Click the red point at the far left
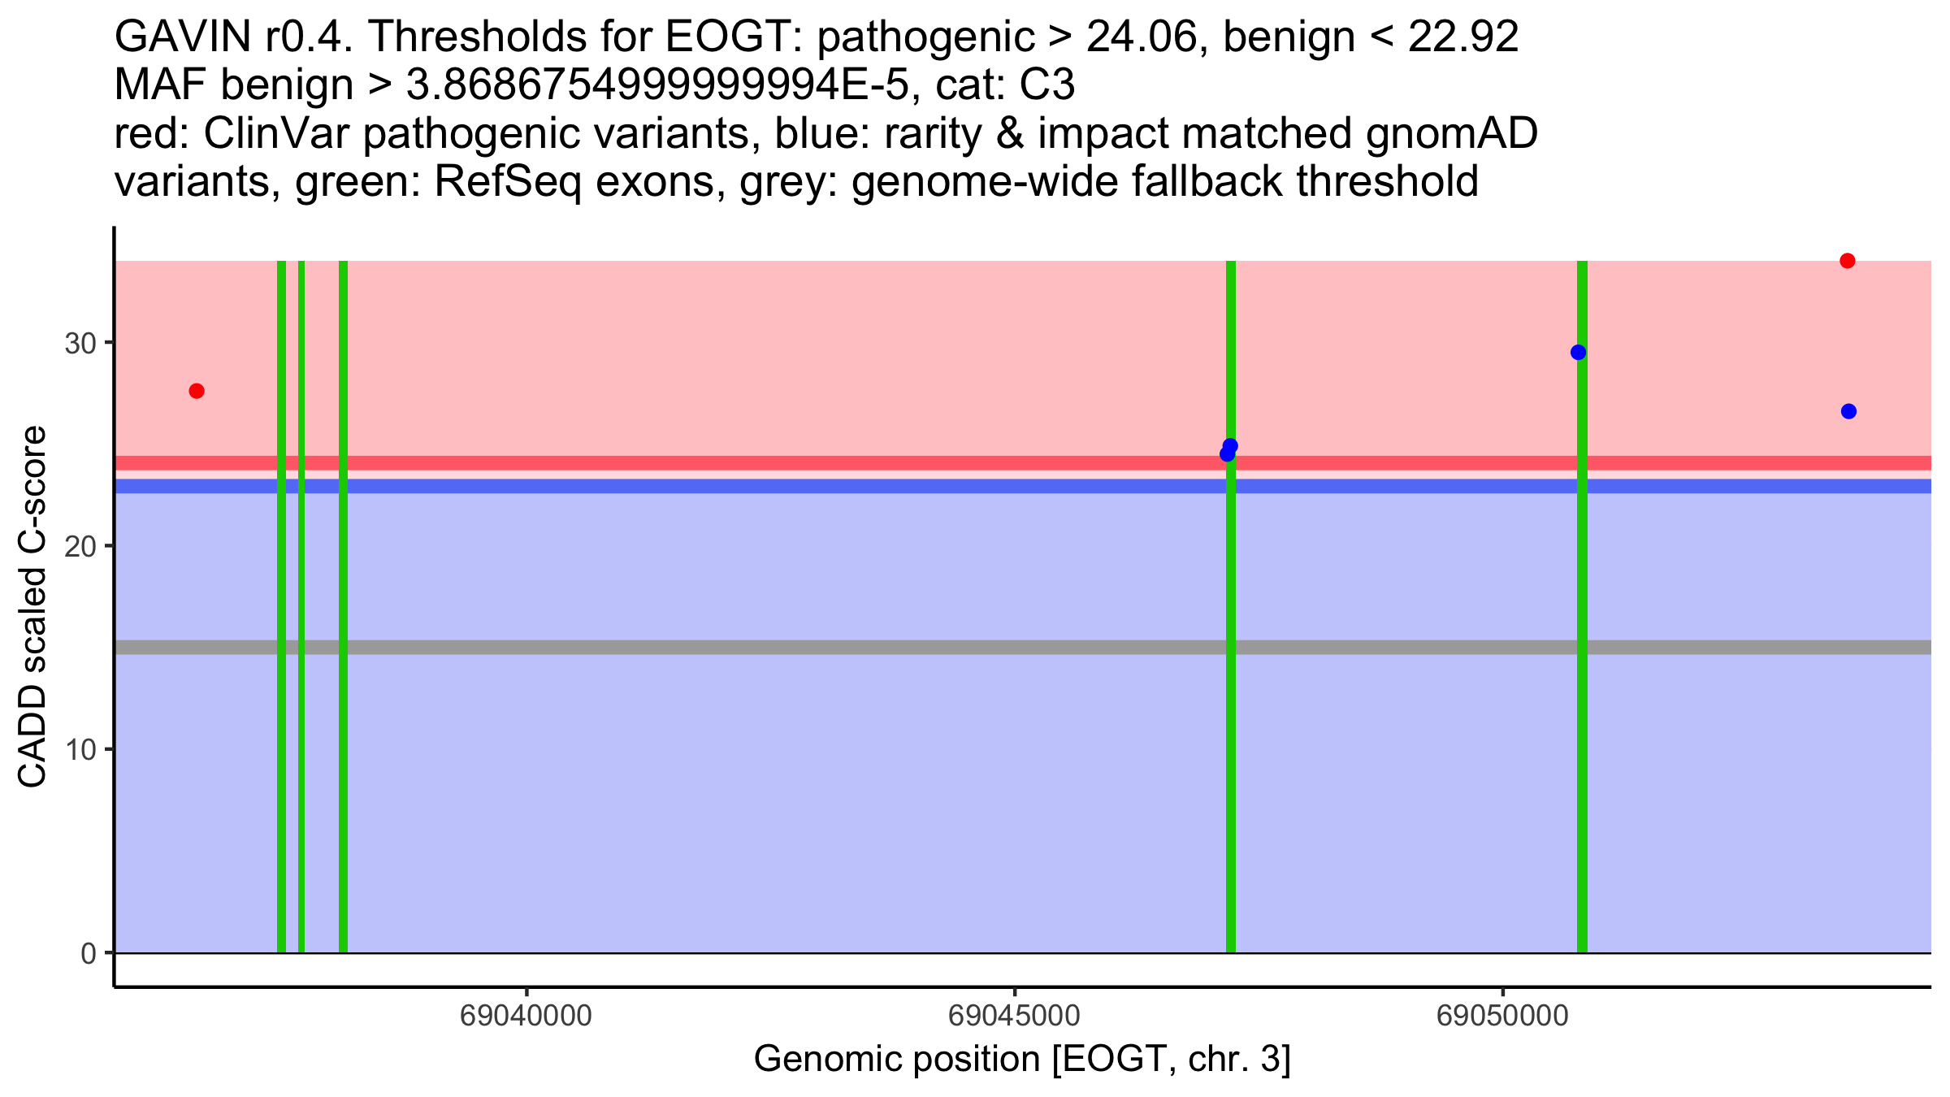[197, 391]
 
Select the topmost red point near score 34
[1848, 261]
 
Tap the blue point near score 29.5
[1578, 352]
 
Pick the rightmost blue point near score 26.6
[1848, 411]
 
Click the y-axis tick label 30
[80, 343]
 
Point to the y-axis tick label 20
[80, 546]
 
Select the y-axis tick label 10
[80, 749]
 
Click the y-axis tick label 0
[88, 953]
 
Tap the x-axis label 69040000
[526, 1016]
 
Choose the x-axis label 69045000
[1014, 1016]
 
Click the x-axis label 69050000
[1502, 1016]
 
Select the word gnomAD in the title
[1451, 134]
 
